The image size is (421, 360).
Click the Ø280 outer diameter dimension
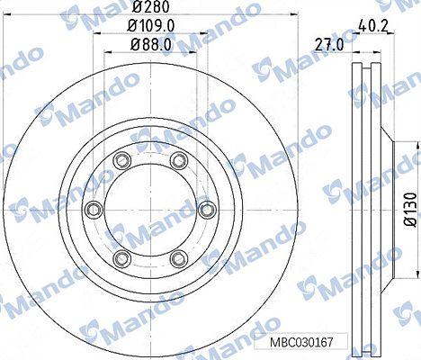click(151, 6)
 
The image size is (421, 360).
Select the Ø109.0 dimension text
click(151, 26)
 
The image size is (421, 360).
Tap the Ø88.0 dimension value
click(151, 45)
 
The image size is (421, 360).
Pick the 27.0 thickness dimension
click(329, 46)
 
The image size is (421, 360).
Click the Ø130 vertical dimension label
click(410, 210)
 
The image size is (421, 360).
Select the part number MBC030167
click(301, 341)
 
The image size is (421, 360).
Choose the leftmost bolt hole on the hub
click(94, 209)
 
